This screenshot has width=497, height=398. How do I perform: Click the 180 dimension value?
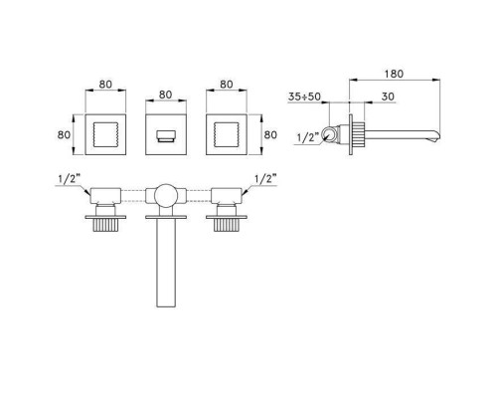tap(394, 74)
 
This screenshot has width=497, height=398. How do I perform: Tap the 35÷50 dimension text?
tap(304, 97)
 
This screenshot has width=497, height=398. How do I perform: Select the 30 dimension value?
tap(388, 97)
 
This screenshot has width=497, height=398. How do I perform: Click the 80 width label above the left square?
tap(105, 85)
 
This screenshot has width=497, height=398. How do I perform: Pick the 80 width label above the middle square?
tap(166, 95)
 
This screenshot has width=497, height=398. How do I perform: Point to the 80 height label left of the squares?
tap(64, 135)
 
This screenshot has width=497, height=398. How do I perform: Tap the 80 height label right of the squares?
tap(270, 135)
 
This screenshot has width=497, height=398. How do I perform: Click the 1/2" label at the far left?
tap(70, 179)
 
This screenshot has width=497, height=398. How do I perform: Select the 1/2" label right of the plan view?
tap(265, 179)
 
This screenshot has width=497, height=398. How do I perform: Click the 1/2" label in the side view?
tap(308, 137)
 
